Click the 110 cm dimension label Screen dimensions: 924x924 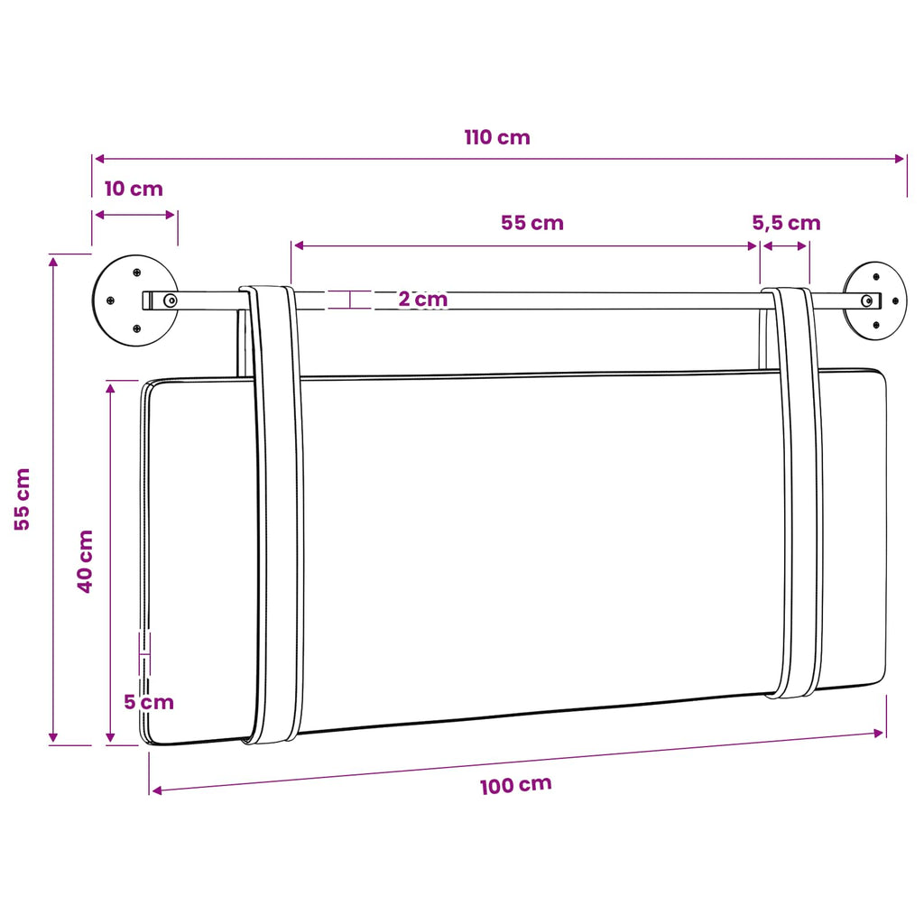click(497, 137)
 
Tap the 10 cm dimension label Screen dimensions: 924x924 click(134, 189)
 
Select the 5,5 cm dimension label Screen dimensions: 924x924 click(786, 223)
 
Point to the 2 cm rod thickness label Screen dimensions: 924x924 click(423, 299)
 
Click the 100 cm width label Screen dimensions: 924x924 click(516, 786)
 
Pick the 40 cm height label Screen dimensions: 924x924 click(85, 561)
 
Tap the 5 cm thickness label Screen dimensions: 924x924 click(149, 702)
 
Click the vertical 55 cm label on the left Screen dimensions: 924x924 click(22, 499)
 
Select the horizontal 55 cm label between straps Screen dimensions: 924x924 click(532, 223)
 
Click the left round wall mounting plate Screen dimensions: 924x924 click(135, 300)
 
